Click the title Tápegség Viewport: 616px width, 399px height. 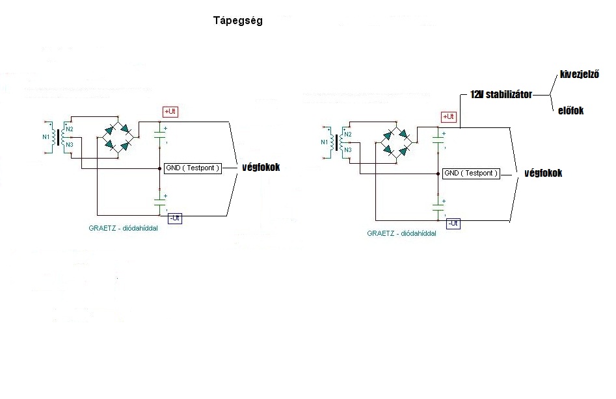click(237, 20)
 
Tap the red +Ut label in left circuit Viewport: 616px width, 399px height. click(170, 112)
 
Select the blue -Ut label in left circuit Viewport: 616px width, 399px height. click(174, 218)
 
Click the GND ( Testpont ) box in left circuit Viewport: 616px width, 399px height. click(193, 168)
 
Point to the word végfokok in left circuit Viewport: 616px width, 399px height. click(260, 168)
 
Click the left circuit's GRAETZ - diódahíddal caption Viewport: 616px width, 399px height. click(124, 228)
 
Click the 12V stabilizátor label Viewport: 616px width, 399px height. click(501, 95)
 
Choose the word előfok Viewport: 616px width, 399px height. click(570, 110)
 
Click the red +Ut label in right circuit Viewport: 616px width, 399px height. click(449, 116)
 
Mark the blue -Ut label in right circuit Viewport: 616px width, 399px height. click(453, 224)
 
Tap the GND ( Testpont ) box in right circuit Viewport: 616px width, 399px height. click(471, 174)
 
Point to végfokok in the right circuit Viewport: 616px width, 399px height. click(542, 174)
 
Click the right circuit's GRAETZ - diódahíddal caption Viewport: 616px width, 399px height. click(401, 233)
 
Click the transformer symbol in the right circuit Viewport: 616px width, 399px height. click(338, 142)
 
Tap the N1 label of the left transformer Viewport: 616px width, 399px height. click(46, 138)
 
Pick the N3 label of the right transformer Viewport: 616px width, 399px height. click(348, 150)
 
